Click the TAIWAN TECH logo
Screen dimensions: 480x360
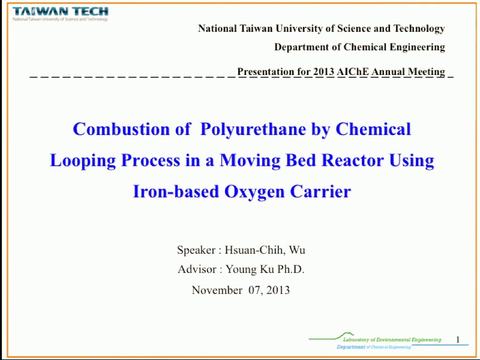tap(60, 14)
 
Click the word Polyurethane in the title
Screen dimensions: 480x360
tap(253, 129)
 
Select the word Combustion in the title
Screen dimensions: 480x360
tap(121, 129)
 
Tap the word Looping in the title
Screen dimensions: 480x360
tap(82, 160)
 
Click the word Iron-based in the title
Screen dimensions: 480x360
tap(176, 192)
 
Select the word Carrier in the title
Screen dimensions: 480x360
tap(320, 192)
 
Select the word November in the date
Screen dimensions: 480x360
tap(217, 290)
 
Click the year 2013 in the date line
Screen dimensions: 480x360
tap(278, 290)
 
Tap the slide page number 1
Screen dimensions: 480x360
tap(458, 340)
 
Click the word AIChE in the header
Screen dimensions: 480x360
tap(352, 72)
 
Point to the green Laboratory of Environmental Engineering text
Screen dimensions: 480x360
tap(392, 339)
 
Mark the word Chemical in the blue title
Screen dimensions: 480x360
tap(373, 129)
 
